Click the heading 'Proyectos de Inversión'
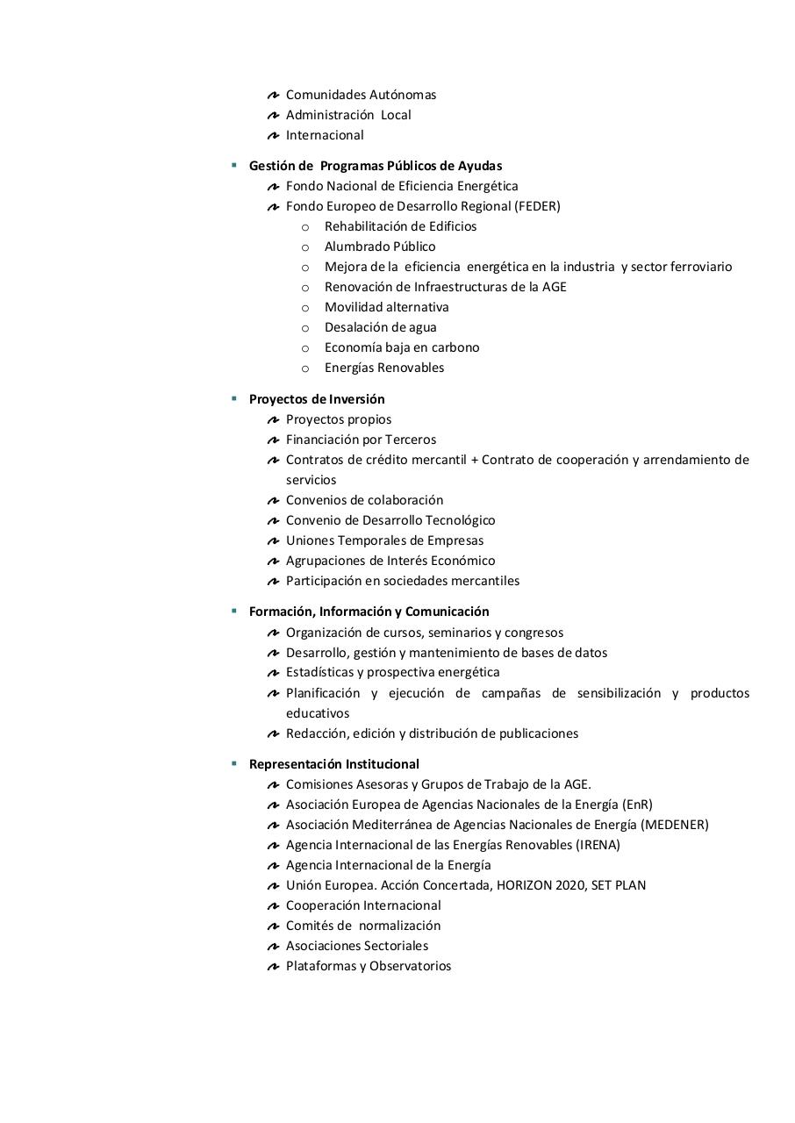coord(317,399)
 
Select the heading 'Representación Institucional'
coord(334,764)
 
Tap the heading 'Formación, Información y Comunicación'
coord(369,612)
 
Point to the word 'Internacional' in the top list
coord(325,135)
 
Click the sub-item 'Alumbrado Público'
coord(380,247)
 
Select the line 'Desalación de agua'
coord(380,327)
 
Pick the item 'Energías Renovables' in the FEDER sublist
coord(384,368)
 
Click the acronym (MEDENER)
coord(675,825)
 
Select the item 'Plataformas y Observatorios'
coord(369,966)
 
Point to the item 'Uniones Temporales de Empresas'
coord(384,540)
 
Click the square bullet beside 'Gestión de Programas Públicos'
coord(234,165)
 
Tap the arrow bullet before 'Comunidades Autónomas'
coord(273,95)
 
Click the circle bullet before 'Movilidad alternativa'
coord(305,308)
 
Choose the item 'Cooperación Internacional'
coord(363,905)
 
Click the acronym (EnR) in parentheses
coord(636,805)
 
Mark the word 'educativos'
coord(318,713)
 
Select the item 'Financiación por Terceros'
coord(361,440)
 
